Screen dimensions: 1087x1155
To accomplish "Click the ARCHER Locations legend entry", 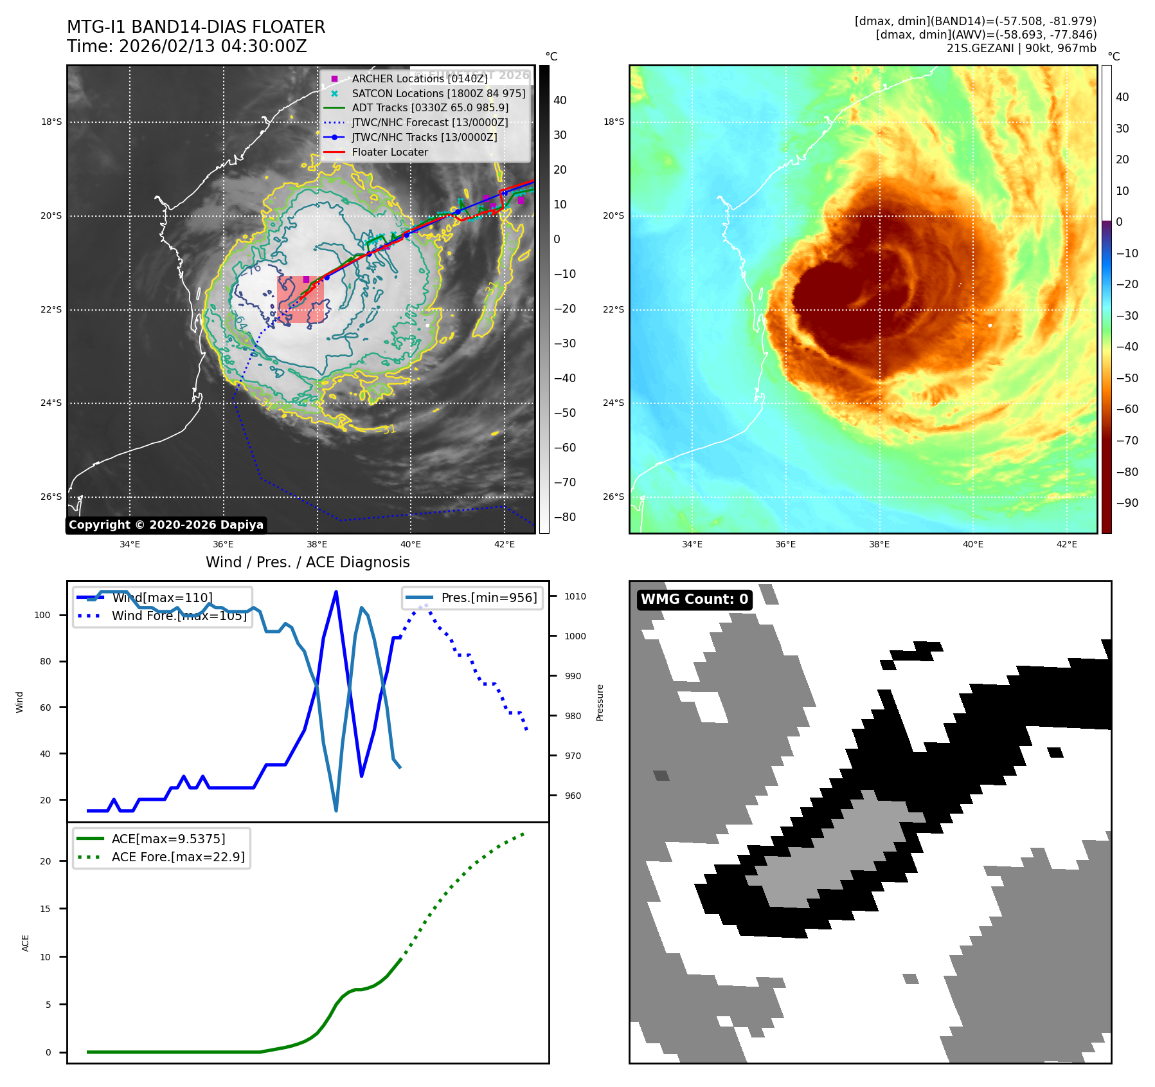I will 419,78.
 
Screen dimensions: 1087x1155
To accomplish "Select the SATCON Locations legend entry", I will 438,93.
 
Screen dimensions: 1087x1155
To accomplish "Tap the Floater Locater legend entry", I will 389,152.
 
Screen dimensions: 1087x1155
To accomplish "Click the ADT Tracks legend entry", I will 429,108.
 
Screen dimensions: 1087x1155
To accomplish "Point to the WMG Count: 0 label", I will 694,599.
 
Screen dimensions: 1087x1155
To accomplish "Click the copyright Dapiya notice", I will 166,525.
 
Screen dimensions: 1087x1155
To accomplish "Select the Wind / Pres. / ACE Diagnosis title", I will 307,562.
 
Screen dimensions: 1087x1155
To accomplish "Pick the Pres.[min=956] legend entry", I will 488,598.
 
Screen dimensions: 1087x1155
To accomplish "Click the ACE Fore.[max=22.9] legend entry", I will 178,857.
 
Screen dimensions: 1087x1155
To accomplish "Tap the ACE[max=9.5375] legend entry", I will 168,839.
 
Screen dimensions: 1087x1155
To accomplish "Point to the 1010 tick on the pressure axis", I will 575,597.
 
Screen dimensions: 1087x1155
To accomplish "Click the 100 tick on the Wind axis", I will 42,616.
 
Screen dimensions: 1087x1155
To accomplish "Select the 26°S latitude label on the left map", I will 51,497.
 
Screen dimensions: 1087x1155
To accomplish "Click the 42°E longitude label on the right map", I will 1066,544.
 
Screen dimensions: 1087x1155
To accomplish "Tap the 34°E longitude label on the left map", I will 130,544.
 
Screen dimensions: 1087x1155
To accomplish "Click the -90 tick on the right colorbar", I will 1127,503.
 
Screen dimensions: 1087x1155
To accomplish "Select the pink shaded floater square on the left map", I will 301,299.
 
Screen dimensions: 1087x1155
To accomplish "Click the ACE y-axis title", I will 26,943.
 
